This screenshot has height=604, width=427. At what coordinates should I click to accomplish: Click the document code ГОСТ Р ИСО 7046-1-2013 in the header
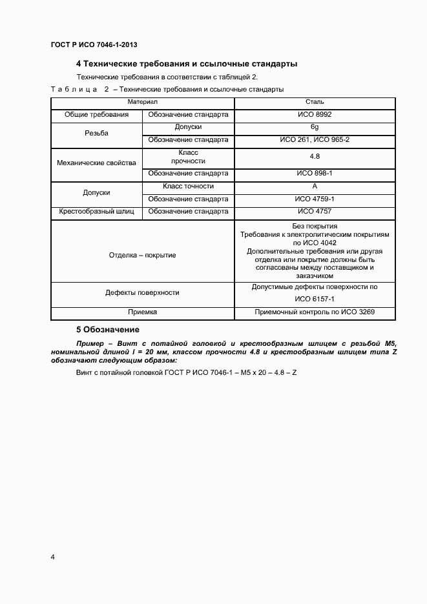pos(94,45)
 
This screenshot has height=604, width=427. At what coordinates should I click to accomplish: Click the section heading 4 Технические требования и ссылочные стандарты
pos(186,65)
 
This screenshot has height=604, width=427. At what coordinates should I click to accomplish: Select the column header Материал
pos(142,102)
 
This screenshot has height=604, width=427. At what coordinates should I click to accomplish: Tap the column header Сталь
pos(315,102)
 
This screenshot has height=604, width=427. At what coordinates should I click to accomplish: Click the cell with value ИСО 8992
pos(315,114)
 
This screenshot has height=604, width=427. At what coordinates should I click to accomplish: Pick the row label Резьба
pos(96,134)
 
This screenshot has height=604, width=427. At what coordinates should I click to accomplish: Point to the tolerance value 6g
pos(315,127)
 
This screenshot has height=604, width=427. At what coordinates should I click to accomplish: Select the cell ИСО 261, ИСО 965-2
pos(315,139)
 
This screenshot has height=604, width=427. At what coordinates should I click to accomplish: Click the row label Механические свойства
pos(96,163)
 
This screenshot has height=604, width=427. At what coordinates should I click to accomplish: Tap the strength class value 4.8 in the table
pos(315,156)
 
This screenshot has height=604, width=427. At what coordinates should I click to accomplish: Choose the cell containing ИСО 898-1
pos(315,174)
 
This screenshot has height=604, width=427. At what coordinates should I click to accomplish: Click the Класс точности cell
pos(188,186)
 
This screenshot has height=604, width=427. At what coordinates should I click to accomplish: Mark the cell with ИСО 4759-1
pos(315,199)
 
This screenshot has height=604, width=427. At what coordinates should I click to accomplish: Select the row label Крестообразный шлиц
pos(96,211)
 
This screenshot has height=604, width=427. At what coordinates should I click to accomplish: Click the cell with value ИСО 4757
pos(315,211)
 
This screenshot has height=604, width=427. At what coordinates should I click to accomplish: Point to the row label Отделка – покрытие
pos(142,255)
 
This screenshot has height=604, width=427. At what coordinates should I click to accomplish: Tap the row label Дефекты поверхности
pos(142,292)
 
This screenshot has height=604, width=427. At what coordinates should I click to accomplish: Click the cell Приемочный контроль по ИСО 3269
pos(315,312)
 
